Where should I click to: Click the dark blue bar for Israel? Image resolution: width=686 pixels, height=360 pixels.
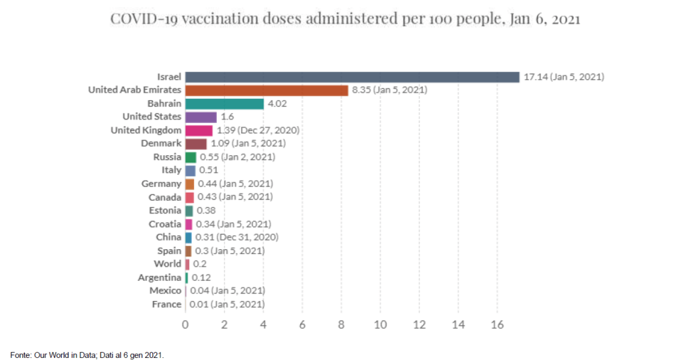pos(352,77)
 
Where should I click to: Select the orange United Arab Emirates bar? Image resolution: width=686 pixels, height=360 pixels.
pos(266,90)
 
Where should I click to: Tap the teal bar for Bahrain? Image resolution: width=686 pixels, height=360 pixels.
pos(224,103)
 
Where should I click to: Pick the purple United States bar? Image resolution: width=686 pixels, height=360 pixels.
pos(201,117)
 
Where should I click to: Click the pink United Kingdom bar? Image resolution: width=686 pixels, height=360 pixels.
pos(199,130)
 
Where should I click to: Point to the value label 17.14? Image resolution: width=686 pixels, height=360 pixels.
pos(535,77)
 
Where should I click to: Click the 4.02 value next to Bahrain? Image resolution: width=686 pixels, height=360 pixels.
pos(278,103)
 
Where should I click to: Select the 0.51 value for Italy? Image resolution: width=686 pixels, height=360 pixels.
pos(209,171)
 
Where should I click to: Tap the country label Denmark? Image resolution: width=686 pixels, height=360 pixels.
pos(161,144)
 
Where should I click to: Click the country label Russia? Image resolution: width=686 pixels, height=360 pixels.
pos(167,157)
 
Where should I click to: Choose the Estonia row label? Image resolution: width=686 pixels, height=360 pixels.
pos(164,210)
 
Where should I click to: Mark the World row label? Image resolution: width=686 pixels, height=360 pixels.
pos(167,264)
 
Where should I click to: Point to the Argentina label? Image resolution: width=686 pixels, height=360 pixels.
pos(159,277)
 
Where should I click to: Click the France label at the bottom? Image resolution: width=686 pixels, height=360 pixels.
pos(166,304)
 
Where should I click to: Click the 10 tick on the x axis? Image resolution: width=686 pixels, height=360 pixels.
pos(380,324)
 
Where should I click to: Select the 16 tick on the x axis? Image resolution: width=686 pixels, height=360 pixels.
pos(497,324)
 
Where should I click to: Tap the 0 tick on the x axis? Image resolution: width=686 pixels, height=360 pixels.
pos(185,324)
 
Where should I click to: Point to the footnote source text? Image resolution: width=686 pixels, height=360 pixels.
pos(87,354)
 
